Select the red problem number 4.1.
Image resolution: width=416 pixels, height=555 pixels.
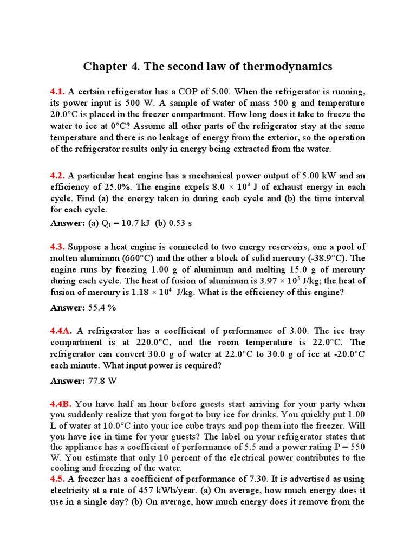(58, 92)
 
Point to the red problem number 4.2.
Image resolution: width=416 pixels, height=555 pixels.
(58, 175)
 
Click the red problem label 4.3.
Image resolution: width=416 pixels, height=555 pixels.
(58, 247)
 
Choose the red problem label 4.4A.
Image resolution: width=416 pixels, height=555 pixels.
(61, 331)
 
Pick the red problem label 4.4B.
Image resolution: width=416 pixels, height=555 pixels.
(61, 404)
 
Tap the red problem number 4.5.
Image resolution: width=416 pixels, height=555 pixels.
(58, 479)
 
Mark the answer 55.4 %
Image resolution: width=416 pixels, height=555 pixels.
(102, 307)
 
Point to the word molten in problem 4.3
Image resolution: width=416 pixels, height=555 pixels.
(64, 258)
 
